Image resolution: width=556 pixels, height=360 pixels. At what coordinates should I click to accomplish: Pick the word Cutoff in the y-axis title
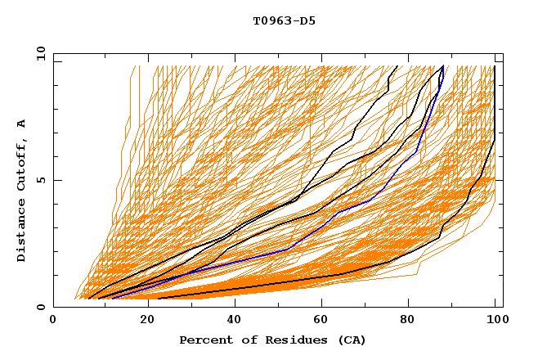pyautogui.click(x=21, y=163)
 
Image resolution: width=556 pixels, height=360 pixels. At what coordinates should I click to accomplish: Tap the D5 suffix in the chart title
pyautogui.click(x=307, y=21)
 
